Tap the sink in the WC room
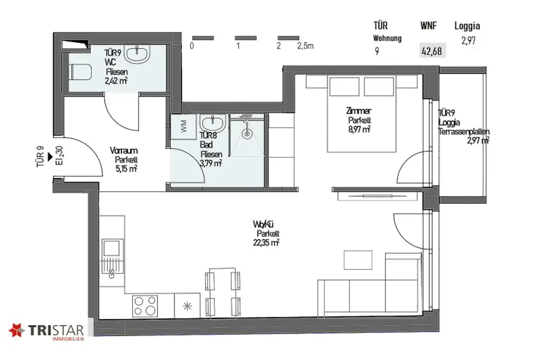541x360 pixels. pos(141,52)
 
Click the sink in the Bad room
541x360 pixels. pos(213,124)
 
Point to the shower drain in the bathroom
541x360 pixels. pos(246,134)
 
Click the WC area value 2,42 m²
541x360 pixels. pos(116,81)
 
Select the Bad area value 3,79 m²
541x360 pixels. pos(211,163)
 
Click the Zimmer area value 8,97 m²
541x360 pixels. pos(358,129)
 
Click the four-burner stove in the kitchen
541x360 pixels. pos(145,305)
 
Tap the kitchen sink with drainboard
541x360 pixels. pos(111,257)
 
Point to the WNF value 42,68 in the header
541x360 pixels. pos(432,51)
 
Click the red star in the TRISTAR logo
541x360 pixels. pos(17,331)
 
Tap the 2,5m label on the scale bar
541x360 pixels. pos(305,46)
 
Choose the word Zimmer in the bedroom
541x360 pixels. pos(359,111)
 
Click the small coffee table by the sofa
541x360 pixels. pos(355,260)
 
